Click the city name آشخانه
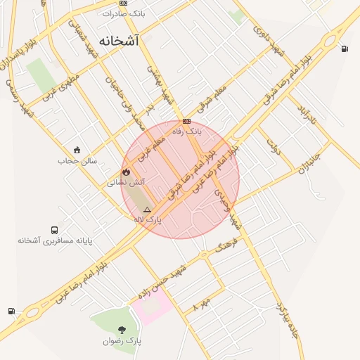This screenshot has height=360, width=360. (x=119, y=41)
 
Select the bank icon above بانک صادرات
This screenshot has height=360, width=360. (x=124, y=3)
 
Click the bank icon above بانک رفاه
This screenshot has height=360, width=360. (x=186, y=121)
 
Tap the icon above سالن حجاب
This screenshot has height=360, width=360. (x=77, y=149)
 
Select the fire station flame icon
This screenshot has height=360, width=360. (x=126, y=171)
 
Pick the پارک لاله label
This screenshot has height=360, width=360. (x=148, y=220)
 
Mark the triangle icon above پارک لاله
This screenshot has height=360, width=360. (x=147, y=210)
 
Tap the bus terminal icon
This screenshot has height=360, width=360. (x=54, y=230)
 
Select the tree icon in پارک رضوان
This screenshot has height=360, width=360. (x=122, y=329)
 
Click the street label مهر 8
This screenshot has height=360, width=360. (x=201, y=304)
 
